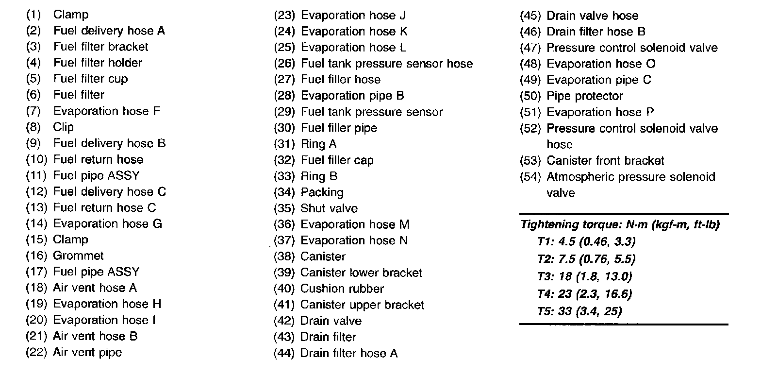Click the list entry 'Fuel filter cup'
click(90, 79)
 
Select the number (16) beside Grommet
click(35, 256)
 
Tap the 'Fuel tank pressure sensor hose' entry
click(386, 64)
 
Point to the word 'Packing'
click(322, 192)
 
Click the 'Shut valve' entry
click(329, 208)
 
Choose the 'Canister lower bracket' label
click(361, 273)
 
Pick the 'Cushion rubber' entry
click(342, 289)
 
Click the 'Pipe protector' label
click(584, 96)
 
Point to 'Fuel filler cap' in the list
click(337, 160)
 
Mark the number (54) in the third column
click(530, 177)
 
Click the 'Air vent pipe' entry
click(87, 352)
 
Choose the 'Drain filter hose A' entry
click(348, 353)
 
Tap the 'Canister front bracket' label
click(605, 161)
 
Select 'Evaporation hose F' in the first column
click(106, 111)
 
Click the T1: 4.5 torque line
click(586, 241)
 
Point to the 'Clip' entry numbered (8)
click(64, 127)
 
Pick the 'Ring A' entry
click(318, 144)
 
